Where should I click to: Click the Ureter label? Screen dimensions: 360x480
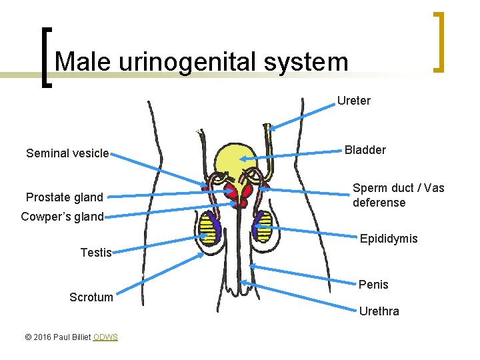pyautogui.click(x=353, y=101)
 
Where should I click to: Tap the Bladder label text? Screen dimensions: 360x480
pyautogui.click(x=365, y=150)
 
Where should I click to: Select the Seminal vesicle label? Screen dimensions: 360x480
pyautogui.click(x=67, y=153)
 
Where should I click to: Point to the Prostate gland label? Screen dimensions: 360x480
pyautogui.click(x=65, y=197)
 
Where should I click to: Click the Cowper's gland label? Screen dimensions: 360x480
pyautogui.click(x=62, y=216)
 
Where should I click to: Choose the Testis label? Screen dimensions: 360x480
pyautogui.click(x=95, y=252)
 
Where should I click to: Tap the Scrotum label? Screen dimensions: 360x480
pyautogui.click(x=91, y=297)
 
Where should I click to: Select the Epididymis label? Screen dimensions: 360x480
pyautogui.click(x=389, y=239)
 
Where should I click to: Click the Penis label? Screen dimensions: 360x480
pyautogui.click(x=373, y=285)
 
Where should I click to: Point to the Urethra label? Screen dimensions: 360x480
pyautogui.click(x=379, y=311)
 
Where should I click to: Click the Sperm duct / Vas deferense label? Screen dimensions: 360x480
pyautogui.click(x=398, y=195)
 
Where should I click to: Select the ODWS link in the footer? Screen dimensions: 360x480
pyautogui.click(x=105, y=337)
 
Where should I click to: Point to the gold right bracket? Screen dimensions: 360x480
pyautogui.click(x=439, y=41)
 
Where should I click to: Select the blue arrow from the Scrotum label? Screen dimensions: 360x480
pyautogui.click(x=160, y=273)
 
